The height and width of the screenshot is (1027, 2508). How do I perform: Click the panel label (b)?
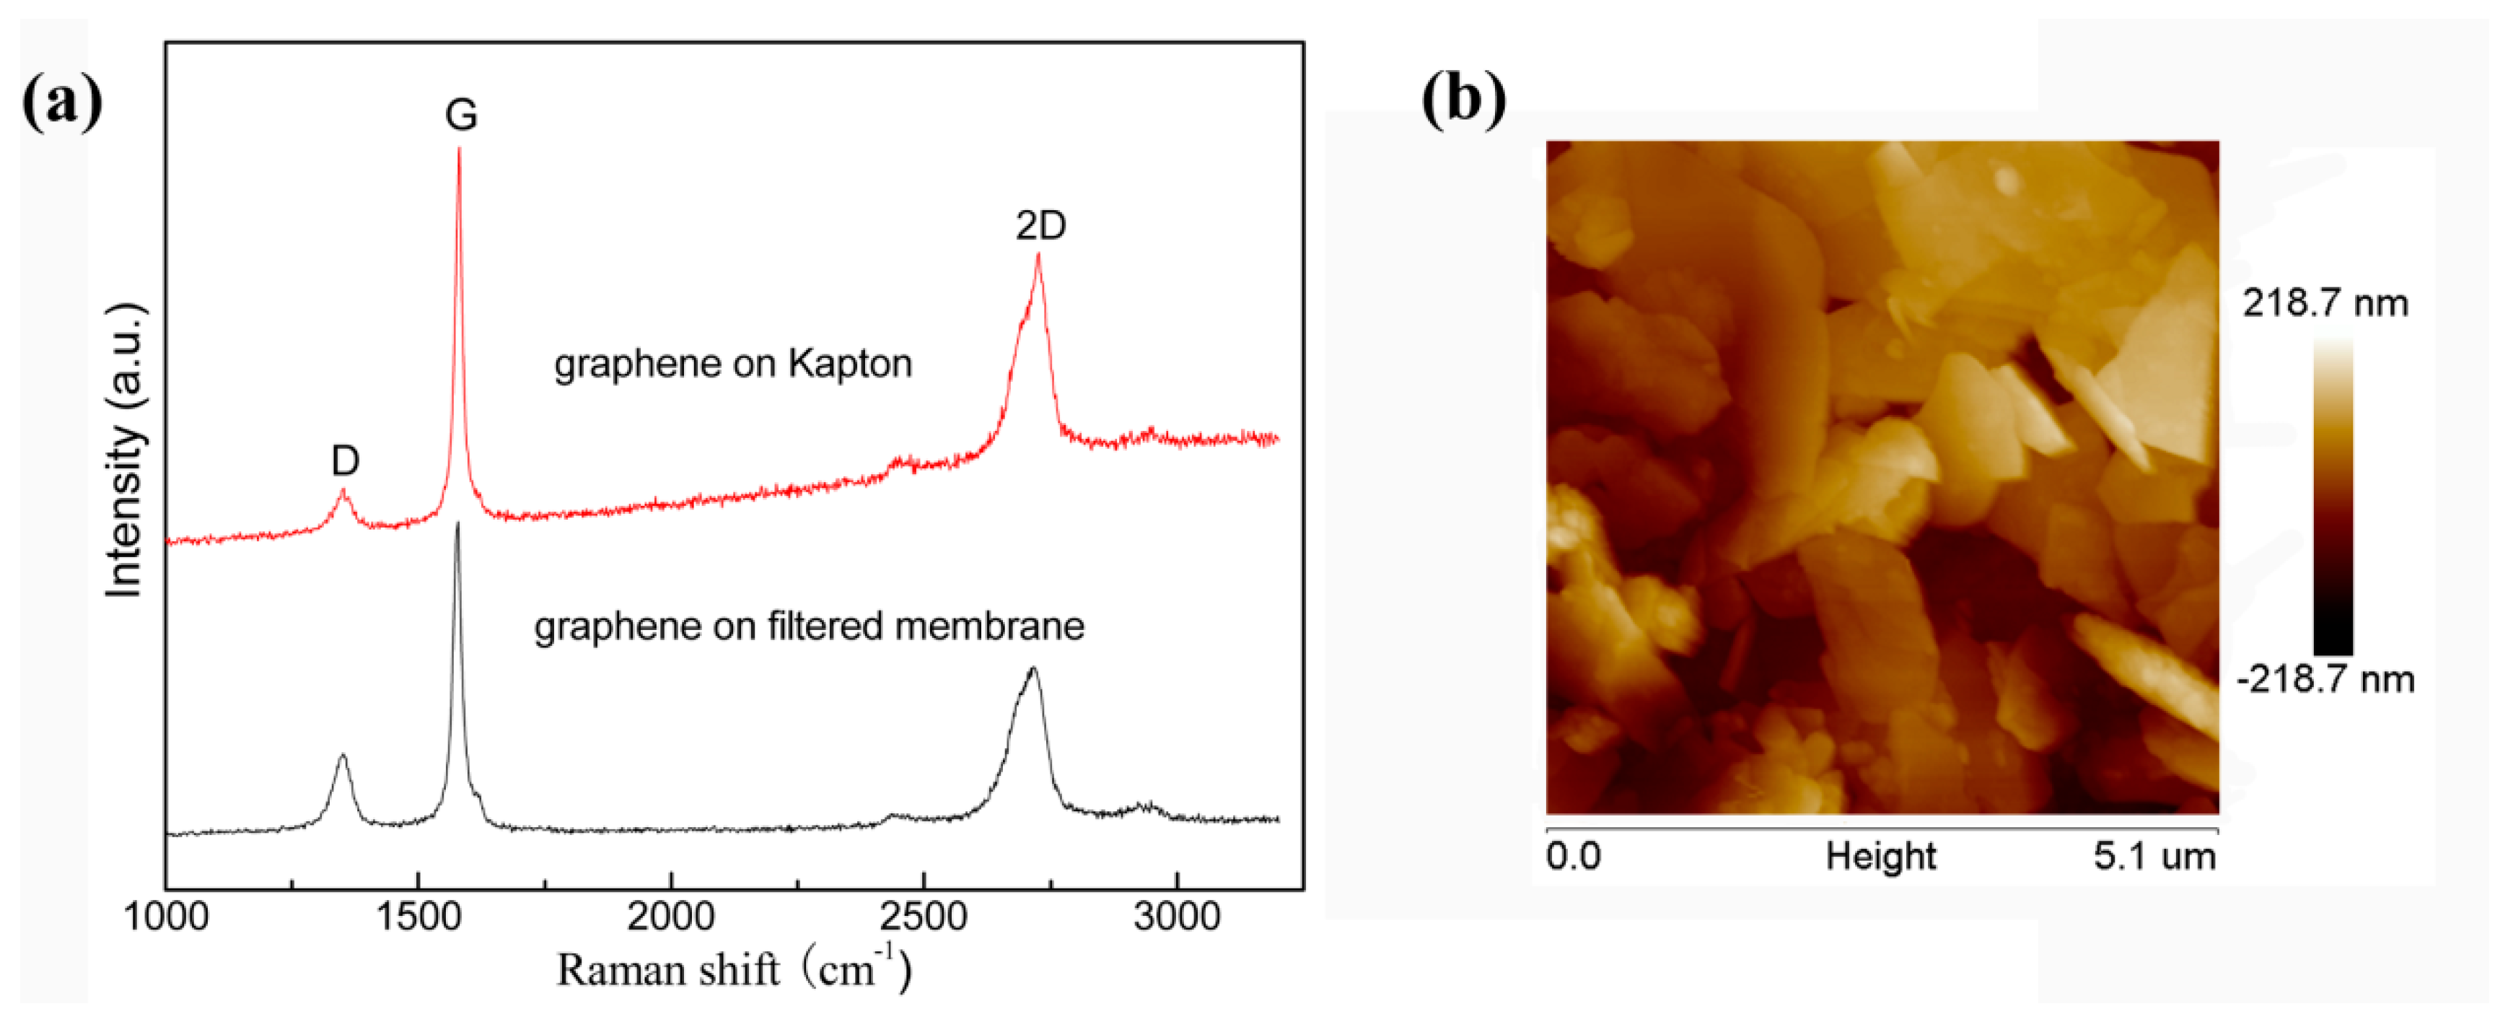click(x=1463, y=100)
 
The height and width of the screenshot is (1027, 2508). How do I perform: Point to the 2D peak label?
click(x=1040, y=226)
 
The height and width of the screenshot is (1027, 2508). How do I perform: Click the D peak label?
click(x=345, y=460)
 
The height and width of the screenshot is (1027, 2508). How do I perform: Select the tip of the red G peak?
click(x=460, y=149)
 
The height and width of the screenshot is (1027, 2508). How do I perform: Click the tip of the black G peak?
click(x=457, y=525)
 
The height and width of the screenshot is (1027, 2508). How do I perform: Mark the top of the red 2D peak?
click(x=1039, y=255)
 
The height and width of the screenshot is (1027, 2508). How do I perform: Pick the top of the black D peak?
click(x=343, y=756)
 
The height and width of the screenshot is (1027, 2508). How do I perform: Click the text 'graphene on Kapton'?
click(x=732, y=364)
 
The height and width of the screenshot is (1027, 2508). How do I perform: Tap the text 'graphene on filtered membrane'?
click(x=808, y=626)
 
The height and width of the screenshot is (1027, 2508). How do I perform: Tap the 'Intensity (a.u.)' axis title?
click(x=126, y=450)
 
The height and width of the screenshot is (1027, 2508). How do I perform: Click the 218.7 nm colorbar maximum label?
click(x=2325, y=304)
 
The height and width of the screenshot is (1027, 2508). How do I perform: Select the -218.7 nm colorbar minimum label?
click(x=2325, y=678)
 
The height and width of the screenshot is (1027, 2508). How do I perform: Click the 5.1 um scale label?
click(x=2154, y=857)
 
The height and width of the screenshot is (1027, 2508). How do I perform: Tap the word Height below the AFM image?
click(x=1880, y=857)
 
